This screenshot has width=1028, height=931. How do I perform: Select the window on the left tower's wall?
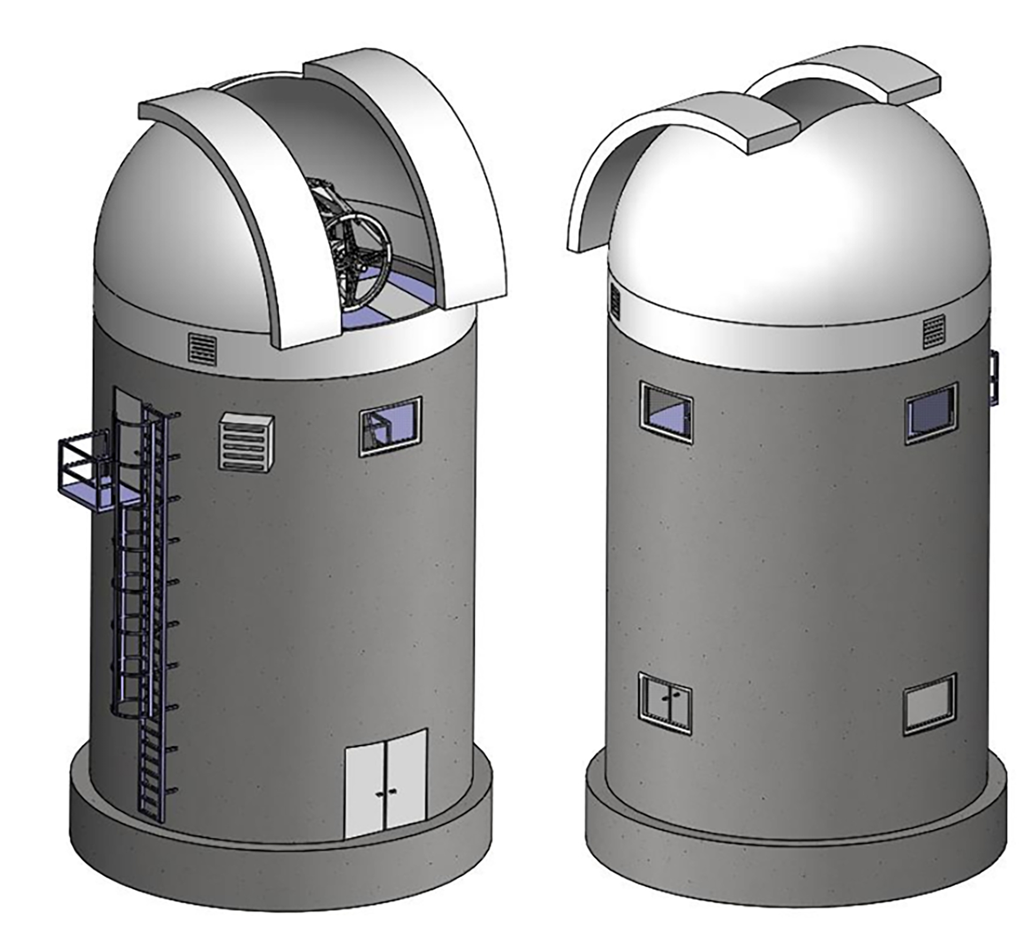[390, 426]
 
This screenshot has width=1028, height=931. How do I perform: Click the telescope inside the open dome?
[353, 241]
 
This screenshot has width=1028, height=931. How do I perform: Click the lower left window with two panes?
[665, 703]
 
